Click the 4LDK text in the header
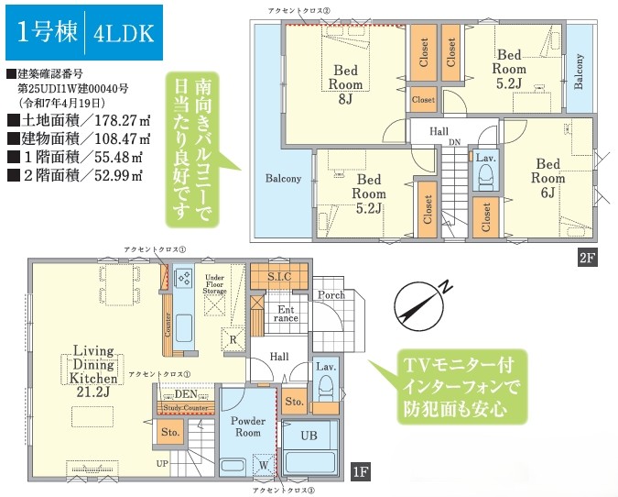(124, 35)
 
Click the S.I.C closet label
(271, 274)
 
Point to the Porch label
(331, 295)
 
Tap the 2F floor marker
(587, 259)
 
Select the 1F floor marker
(361, 472)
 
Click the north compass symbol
(417, 299)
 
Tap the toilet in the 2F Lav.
(485, 179)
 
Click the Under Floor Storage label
(215, 283)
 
